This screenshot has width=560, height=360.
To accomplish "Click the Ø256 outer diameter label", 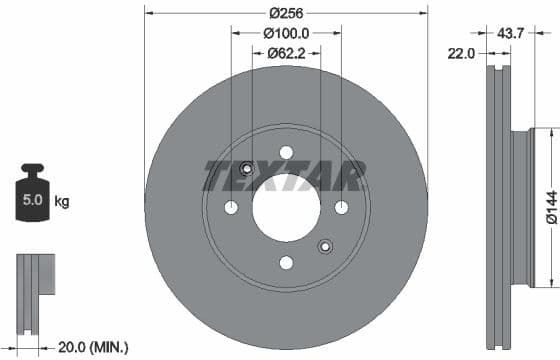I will click(x=286, y=13).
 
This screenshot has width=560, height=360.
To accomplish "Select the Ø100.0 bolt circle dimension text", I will click(x=286, y=33).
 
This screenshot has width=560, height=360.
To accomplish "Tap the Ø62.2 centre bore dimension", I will click(x=286, y=53).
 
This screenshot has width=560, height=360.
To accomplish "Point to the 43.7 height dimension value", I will click(x=511, y=33).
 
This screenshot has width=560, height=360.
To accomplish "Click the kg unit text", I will click(x=61, y=202).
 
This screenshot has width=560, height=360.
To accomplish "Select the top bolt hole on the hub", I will click(x=286, y=152).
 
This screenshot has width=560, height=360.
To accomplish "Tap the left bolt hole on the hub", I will click(x=231, y=207).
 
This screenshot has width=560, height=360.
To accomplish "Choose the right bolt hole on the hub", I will click(x=341, y=207).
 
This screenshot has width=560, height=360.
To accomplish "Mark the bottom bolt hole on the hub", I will click(x=286, y=262).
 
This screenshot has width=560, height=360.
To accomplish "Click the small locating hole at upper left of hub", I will click(x=248, y=168).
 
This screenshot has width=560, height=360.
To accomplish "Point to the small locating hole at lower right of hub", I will click(x=324, y=246).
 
